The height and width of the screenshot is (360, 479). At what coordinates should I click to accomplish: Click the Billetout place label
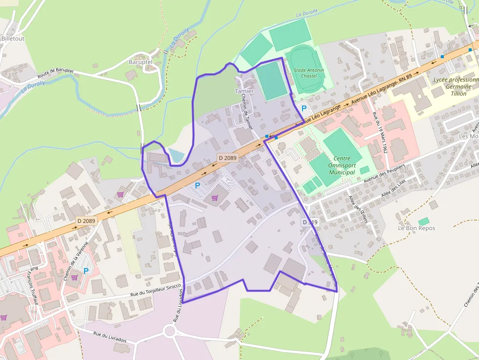point(13,38)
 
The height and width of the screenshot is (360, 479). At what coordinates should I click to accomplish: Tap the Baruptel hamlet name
point(140,62)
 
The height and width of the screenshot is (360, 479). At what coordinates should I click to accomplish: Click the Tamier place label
point(244,91)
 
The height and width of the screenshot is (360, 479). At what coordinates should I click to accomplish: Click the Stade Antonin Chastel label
point(308,73)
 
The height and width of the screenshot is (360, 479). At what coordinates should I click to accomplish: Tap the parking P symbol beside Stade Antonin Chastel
point(304,108)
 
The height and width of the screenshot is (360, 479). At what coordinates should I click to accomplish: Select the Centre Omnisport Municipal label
point(342,166)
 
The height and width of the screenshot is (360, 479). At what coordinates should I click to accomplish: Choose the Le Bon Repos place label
point(416,228)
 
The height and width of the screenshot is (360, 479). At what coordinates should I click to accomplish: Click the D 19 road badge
point(310,222)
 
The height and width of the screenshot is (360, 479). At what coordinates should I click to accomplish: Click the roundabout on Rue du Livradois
point(170,331)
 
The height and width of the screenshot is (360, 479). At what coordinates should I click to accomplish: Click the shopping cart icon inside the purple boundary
point(214,198)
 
